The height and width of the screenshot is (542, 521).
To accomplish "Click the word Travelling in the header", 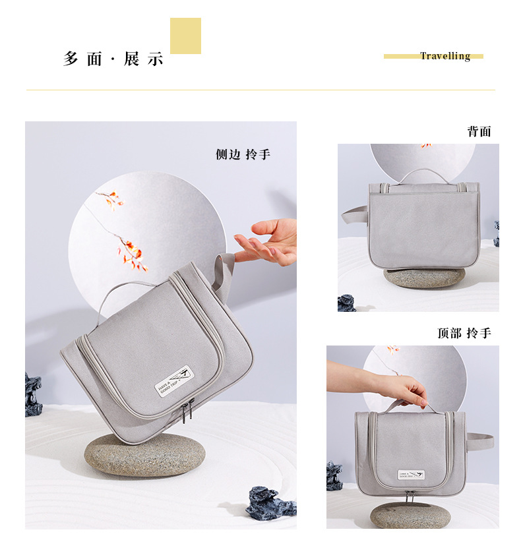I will pos(445,56).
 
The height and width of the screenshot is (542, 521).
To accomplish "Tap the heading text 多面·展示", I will pos(113,59).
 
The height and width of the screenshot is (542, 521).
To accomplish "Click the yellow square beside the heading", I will pos(185,36).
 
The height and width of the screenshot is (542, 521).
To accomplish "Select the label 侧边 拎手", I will pos(243,154).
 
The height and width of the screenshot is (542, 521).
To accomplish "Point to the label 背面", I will pos(479,131).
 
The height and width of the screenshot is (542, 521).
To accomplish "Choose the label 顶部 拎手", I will pos(464,333).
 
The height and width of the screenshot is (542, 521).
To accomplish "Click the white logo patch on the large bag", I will pos(173,381).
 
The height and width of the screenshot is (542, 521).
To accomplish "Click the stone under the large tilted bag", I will pos(144,455).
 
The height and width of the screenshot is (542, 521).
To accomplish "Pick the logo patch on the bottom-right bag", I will pos(410,475).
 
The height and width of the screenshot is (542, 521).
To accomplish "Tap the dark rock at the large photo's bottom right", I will pos(270,504).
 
